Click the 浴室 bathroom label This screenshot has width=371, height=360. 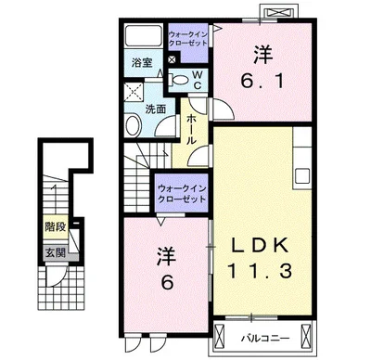coord(142,63)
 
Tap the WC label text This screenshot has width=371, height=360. coord(198,80)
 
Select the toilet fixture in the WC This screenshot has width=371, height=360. coord(178,80)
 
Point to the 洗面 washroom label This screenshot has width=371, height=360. coord(156,109)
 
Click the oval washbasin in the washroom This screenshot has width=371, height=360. coord(134,125)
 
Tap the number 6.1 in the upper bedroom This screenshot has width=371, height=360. coord(262,82)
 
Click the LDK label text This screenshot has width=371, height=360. coord(260,245)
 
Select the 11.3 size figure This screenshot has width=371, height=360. coord(260,271)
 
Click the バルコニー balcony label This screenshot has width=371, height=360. coord(265,338)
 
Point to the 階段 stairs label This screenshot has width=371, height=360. coord(56,227)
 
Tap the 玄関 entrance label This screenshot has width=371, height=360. coord(56,252)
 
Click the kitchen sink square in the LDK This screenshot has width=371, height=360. coord(302,176)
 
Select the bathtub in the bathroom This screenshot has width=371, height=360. coord(144,36)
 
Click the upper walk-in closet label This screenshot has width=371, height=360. coord(188,38)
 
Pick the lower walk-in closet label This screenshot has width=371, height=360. coord(182,194)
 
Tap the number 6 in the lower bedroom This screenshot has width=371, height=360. coord(167,282)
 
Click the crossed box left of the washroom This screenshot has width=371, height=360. coord(134,91)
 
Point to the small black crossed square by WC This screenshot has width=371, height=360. coord(172,59)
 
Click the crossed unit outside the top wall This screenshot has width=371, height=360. coord(279,13)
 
